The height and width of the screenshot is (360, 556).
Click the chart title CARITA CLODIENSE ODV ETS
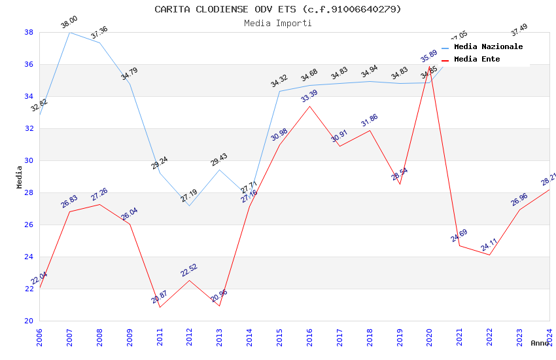(x=278, y=9)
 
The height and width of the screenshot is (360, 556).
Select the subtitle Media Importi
(x=278, y=23)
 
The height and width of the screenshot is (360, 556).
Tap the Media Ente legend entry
(x=477, y=60)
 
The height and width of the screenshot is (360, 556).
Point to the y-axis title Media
(x=19, y=177)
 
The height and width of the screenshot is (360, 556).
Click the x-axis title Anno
(x=540, y=343)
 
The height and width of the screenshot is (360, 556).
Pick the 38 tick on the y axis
(x=29, y=32)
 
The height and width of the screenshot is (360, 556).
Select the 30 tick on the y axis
(x=29, y=160)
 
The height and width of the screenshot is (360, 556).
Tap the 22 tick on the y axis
(x=29, y=289)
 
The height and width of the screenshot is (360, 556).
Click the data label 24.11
(x=489, y=245)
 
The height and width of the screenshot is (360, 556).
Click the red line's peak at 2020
(x=430, y=66)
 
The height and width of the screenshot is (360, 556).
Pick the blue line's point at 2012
(x=190, y=206)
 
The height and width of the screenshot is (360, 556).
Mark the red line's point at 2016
(x=309, y=106)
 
